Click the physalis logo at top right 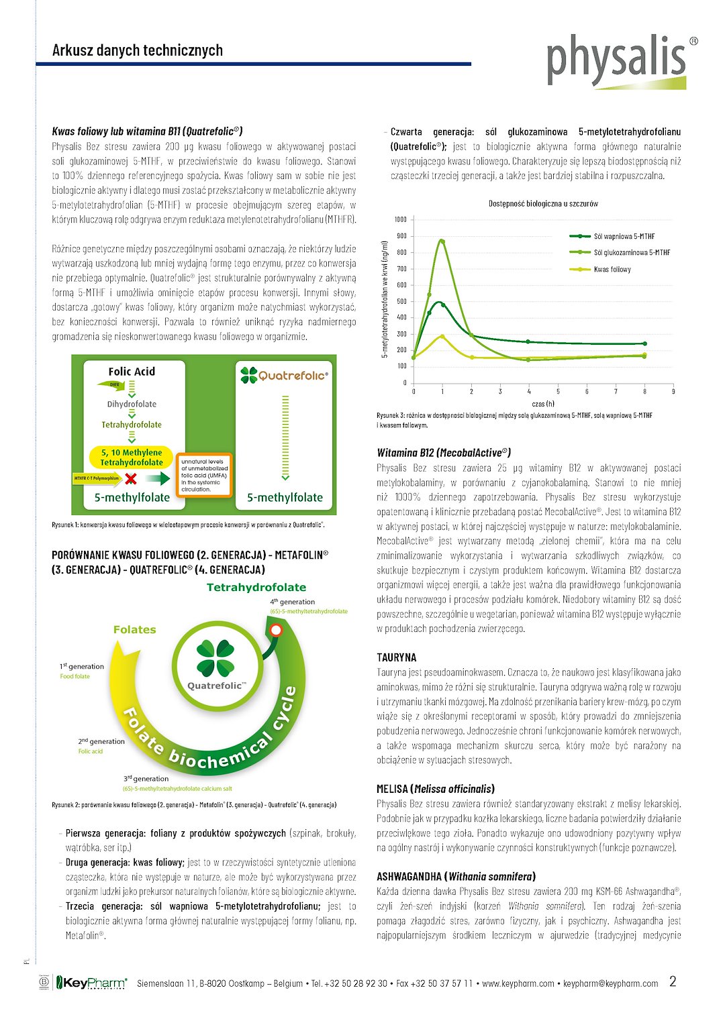click(616, 60)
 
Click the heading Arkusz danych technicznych click(138, 50)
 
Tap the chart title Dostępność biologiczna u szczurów click(543, 203)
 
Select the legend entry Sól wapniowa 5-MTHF click(624, 236)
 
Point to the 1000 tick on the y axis click(401, 219)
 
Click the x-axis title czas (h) click(543, 404)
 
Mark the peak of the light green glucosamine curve click(441, 241)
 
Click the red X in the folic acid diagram click(132, 478)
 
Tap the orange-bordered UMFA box click(204, 476)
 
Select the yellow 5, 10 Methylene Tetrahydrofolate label click(132, 457)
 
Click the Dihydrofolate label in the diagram click(132, 404)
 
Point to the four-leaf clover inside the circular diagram click(215, 657)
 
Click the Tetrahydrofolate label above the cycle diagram click(256, 587)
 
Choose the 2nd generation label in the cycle click(101, 741)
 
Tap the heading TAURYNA click(397, 657)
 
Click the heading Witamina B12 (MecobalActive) click(444, 453)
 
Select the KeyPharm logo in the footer click(91, 983)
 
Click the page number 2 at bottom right click(673, 981)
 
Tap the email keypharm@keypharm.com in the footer click(611, 983)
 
